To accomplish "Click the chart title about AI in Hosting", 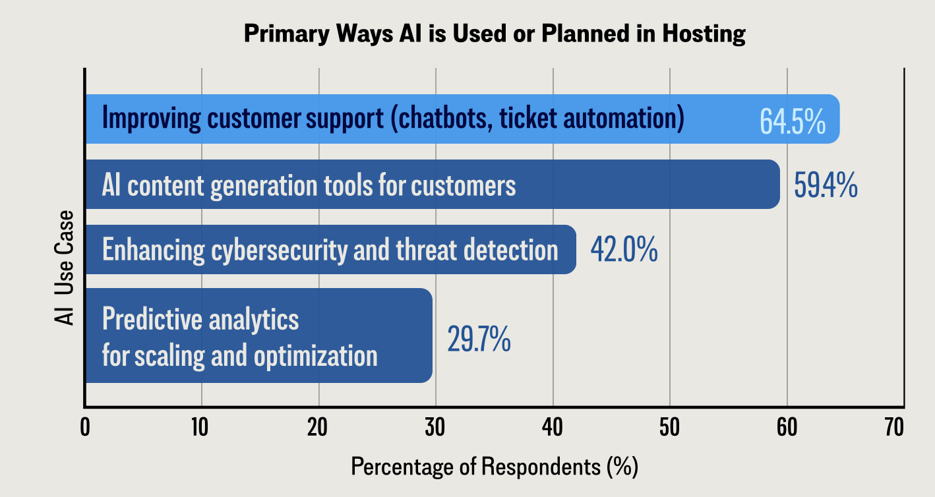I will [495, 34].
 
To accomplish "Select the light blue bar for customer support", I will [462, 119].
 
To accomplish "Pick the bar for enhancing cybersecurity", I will [330, 250].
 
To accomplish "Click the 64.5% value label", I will [792, 121].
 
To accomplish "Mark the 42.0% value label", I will [623, 250].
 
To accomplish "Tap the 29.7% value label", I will [479, 339].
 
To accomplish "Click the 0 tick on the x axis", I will [85, 428].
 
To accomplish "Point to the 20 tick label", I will [318, 428].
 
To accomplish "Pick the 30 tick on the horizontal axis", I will [435, 428].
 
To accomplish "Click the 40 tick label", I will [553, 428].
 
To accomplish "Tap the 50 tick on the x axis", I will [669, 428].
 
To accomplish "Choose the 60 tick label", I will [787, 428].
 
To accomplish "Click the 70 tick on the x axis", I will [893, 428].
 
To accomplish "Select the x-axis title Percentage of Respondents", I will [495, 467].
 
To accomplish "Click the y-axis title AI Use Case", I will [64, 268].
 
